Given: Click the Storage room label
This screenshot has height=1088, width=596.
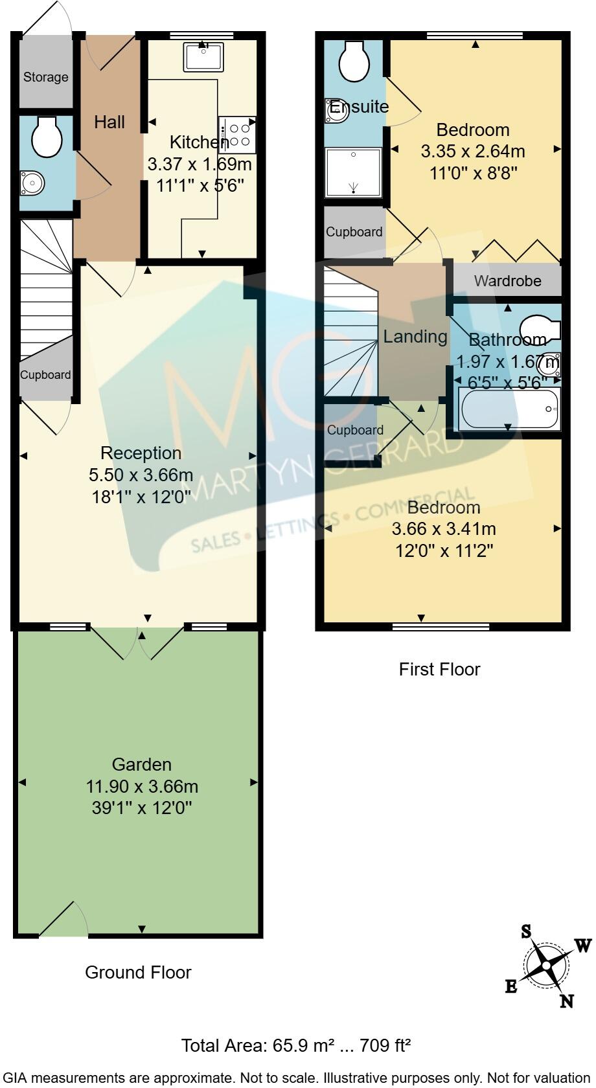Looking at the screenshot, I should tap(45, 77).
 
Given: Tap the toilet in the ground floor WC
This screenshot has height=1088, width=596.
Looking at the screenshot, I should tap(47, 137).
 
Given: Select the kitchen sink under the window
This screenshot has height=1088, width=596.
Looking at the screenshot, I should tap(203, 57).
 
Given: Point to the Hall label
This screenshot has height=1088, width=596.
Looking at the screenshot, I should tap(109, 122).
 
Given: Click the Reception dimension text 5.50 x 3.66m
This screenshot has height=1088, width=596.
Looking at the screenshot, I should tap(141, 475).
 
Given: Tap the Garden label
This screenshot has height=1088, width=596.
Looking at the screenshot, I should tap(141, 764).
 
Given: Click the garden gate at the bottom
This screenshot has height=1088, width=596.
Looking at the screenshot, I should tap(63, 920).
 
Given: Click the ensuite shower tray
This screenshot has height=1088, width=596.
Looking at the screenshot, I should tap(354, 172).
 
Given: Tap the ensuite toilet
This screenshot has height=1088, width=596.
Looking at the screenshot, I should tap(354, 62).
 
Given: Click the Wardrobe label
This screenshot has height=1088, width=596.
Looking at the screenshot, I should tap(507, 281).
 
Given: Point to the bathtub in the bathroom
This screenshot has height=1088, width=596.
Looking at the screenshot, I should tap(509, 409).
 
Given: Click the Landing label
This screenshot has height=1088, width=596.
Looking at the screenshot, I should tap(415, 337).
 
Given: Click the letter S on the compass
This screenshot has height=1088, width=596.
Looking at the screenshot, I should tap(527, 932).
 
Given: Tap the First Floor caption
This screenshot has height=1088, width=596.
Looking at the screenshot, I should tap(439, 669).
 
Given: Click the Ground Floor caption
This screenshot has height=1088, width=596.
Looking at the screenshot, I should tap(138, 972).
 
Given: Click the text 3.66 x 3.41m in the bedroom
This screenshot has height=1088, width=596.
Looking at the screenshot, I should tap(444, 529).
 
